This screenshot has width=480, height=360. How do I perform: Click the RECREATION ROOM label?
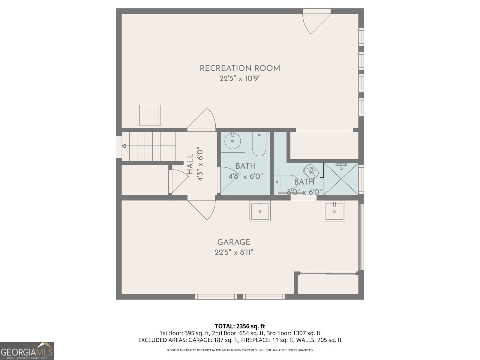coord(240,68)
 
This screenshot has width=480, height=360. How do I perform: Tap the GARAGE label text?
coord(234,242)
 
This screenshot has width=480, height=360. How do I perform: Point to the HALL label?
coord(190,164)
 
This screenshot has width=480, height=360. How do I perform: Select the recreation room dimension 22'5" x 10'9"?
coord(240,79)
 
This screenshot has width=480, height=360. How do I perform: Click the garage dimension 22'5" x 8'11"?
coord(234,253)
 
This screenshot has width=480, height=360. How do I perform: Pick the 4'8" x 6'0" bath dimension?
coord(246,176)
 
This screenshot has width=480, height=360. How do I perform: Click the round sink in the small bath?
coord(232,141)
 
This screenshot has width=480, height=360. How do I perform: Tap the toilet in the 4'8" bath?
coord(259,144)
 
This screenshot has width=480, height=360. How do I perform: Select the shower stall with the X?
coord(341,179)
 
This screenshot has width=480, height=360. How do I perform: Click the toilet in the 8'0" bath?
coord(285,182)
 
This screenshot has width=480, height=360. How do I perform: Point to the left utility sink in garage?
coord(260,211)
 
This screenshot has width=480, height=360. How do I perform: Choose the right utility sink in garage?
coord(334,211)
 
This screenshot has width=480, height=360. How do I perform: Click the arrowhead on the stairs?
coord(124,146)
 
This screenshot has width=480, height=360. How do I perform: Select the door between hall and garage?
coord(201,207)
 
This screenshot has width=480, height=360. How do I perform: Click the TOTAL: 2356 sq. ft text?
coord(240,326)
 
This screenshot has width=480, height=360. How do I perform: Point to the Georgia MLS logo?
coord(27,351)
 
